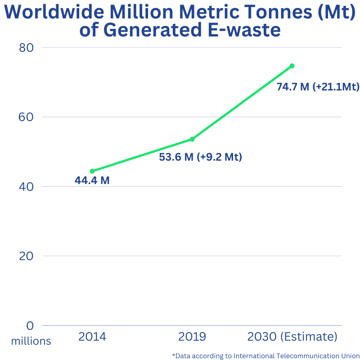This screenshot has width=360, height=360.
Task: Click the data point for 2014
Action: [x=92, y=171]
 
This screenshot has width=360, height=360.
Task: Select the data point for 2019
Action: [x=192, y=139]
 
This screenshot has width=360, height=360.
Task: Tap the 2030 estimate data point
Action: [x=292, y=66]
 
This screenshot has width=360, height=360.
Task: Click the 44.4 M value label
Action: [x=92, y=181]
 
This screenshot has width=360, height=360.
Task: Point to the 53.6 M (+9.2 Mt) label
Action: [x=201, y=157]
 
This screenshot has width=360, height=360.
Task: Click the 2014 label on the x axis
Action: [x=92, y=337]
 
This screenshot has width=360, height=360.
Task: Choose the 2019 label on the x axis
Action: [x=192, y=337]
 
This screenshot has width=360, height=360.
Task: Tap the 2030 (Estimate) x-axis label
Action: [x=292, y=337]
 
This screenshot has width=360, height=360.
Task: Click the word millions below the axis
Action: [x=31, y=341]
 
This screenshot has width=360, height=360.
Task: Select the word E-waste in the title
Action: [x=243, y=30]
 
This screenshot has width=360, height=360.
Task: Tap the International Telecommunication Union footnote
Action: [x=266, y=355]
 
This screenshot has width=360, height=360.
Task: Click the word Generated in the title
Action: [x=152, y=30]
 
